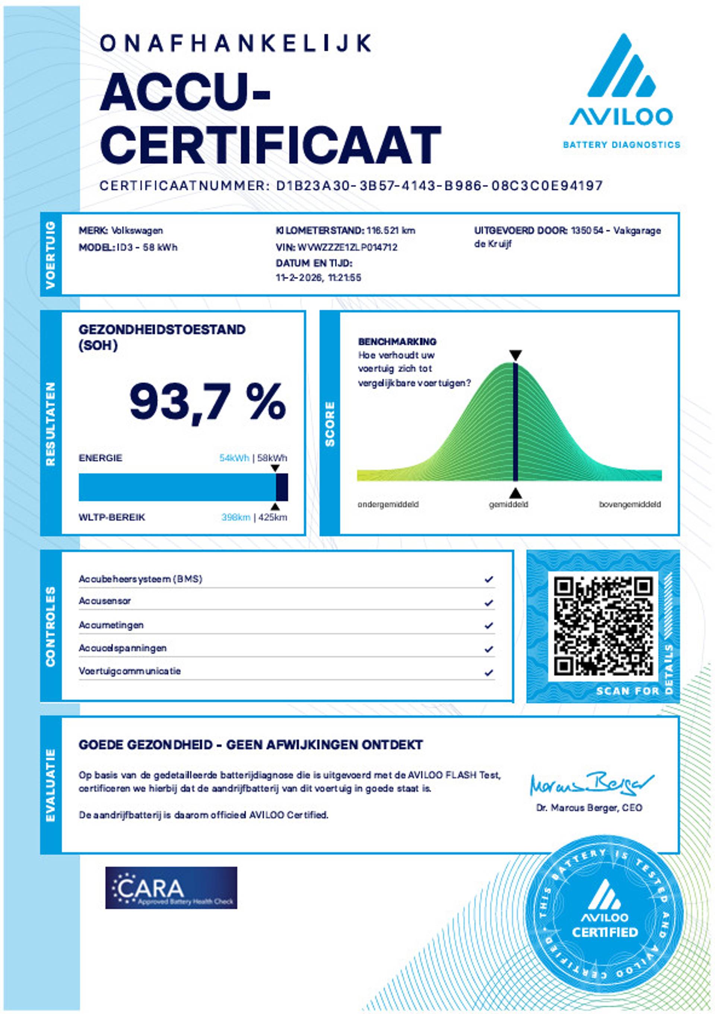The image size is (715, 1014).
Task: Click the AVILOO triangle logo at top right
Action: click(621, 66)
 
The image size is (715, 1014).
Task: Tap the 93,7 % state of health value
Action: click(207, 402)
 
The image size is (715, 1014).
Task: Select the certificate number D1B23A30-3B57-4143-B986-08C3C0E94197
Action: click(439, 186)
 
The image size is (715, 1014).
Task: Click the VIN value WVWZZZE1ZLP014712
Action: click(347, 247)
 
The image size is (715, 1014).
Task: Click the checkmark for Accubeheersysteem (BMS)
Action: click(489, 579)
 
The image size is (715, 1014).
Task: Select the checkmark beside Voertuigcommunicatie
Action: click(489, 673)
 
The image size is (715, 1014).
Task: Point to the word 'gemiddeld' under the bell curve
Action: click(508, 504)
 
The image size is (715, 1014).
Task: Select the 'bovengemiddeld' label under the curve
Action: click(630, 504)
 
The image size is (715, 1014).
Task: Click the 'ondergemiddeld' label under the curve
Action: click(388, 504)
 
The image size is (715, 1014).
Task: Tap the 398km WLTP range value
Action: click(236, 517)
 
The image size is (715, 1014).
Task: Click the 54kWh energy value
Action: click(234, 458)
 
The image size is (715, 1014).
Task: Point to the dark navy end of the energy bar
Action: click(282, 487)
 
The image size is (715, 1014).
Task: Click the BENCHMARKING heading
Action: click(397, 341)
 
